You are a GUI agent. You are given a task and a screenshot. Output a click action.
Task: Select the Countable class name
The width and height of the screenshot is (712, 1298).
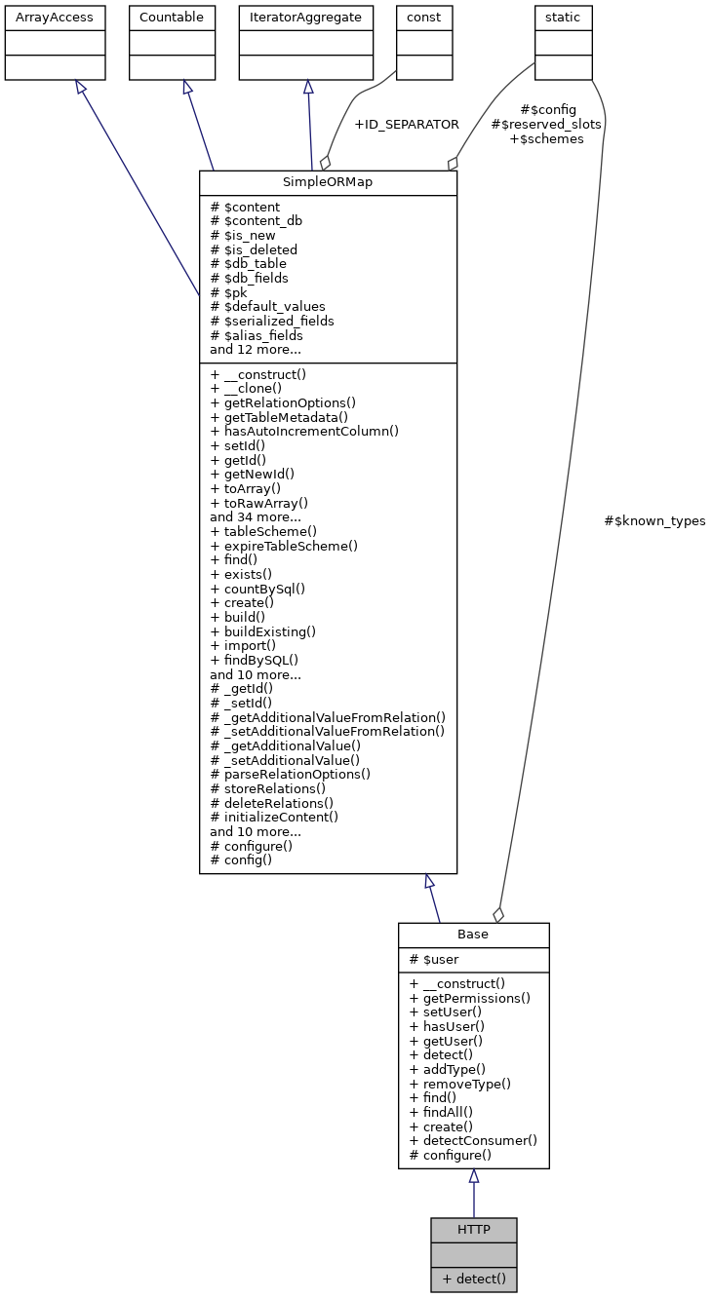[x=172, y=18]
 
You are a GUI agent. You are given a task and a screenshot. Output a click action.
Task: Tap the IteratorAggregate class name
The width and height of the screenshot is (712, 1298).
[x=306, y=18]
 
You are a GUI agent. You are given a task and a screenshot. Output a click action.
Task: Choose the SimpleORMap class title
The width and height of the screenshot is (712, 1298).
[x=328, y=183]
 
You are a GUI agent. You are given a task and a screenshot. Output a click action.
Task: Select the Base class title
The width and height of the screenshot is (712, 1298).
[x=473, y=935]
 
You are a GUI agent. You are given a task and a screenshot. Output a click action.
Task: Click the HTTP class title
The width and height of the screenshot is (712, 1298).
[x=474, y=1229]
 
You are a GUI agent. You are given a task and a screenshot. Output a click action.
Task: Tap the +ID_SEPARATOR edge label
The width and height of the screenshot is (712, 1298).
[x=406, y=125]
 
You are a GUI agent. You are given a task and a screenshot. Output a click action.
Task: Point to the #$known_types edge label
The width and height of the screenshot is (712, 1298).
[x=654, y=521]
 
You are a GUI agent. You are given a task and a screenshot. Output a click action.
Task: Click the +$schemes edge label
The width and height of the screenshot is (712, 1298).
[x=546, y=139]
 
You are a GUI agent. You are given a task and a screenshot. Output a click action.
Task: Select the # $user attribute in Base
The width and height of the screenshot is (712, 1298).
[x=434, y=959]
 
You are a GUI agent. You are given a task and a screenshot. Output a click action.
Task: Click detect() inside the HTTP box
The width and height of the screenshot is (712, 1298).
[x=474, y=1278]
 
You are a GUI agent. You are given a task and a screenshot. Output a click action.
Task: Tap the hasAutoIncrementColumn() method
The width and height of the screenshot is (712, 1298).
[x=304, y=431]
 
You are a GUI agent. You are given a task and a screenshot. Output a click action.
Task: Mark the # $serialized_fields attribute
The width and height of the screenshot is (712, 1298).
[x=272, y=321]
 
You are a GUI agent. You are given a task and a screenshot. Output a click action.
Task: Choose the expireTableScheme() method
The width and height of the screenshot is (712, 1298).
[x=284, y=546]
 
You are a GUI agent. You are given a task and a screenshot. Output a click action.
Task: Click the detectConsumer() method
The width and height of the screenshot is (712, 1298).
[x=473, y=1140]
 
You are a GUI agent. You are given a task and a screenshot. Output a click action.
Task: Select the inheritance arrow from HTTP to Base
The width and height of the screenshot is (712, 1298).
[x=474, y=1193]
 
